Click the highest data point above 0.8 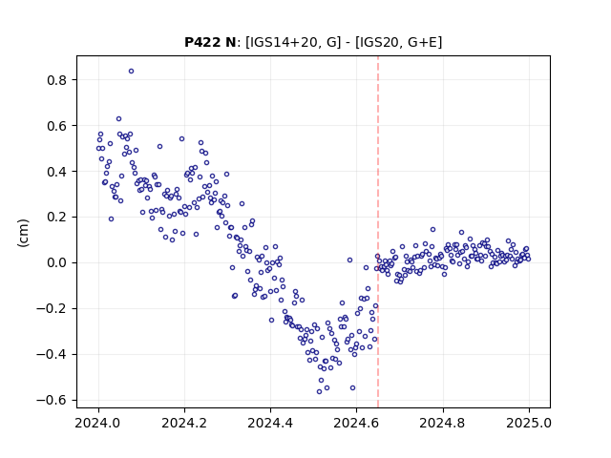click(132, 71)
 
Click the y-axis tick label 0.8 click(57, 80)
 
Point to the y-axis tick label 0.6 click(57, 126)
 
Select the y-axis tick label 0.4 click(57, 172)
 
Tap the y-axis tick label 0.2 click(57, 218)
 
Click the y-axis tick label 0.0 click(57, 263)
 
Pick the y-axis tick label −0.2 click(52, 309)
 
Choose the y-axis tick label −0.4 click(52, 354)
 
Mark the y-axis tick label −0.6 click(52, 401)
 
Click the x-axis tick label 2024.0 click(98, 423)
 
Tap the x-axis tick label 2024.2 click(184, 423)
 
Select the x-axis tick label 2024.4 click(270, 423)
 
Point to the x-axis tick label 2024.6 click(356, 423)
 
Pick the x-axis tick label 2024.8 click(443, 423)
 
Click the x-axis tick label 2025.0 click(529, 423)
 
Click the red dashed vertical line click(378, 232)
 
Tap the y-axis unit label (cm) click(23, 233)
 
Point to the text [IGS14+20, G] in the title click(293, 42)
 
